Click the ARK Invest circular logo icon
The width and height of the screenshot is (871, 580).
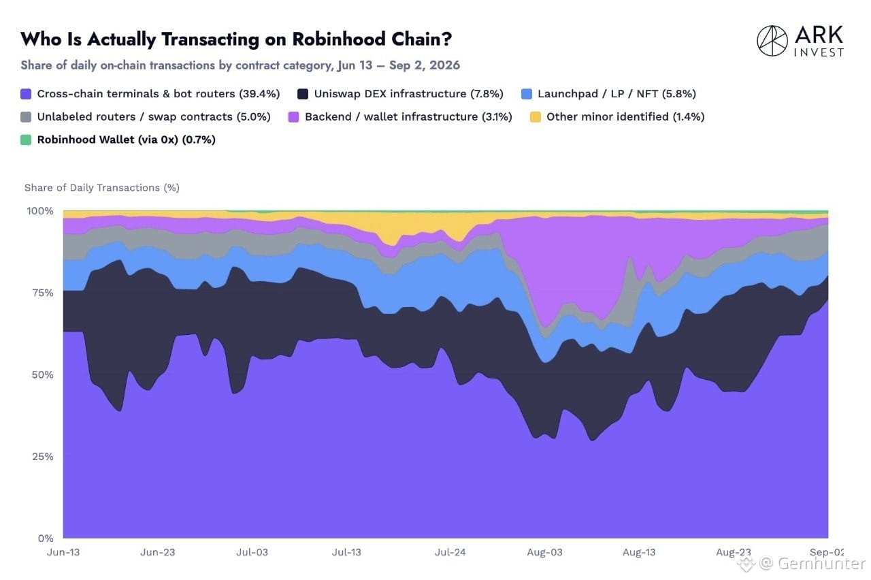pos(772,41)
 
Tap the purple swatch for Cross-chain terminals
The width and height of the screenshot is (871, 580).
pos(26,94)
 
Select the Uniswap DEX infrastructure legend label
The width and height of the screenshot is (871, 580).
pos(409,94)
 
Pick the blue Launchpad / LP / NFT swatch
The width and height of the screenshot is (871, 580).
pos(527,94)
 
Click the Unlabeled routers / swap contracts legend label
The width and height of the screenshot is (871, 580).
pos(154,116)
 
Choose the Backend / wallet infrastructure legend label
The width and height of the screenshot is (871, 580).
pos(408,116)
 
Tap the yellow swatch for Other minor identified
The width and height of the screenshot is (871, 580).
pos(536,117)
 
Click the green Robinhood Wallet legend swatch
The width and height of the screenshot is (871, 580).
pos(26,140)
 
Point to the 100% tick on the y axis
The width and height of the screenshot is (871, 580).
pos(39,211)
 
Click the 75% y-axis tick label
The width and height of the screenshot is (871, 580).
pos(42,293)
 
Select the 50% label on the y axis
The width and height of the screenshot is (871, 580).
pos(42,374)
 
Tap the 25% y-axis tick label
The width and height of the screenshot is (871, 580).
pos(42,456)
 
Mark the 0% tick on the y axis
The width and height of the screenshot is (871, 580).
pos(46,538)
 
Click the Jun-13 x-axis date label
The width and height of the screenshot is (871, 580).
pos(63,552)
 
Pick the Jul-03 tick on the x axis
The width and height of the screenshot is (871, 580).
pos(252,552)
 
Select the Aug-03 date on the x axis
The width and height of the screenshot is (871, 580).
pos(544,552)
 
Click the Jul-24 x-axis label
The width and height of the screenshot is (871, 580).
pos(450,552)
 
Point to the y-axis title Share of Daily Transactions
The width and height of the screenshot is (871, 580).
pos(102,188)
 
